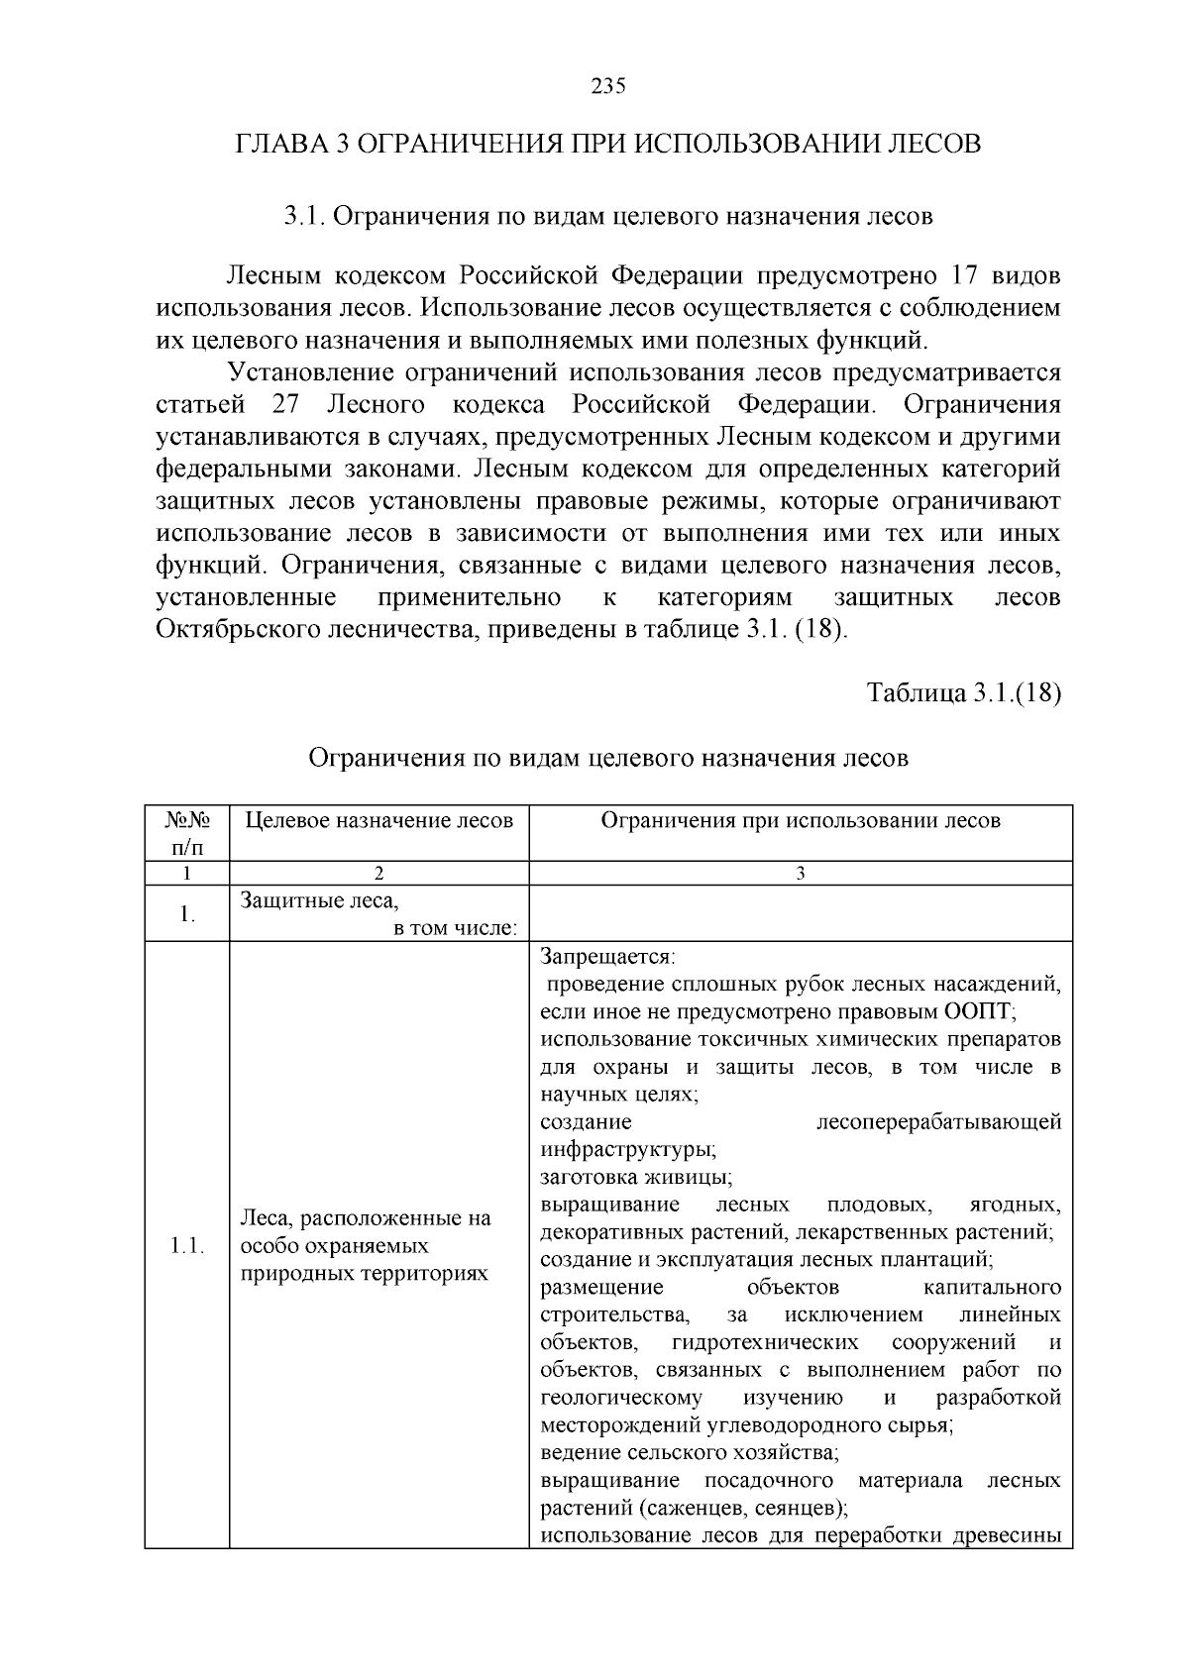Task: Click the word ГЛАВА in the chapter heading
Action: click(x=281, y=145)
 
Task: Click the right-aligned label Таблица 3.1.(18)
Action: click(x=963, y=693)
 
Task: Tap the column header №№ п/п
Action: click(x=186, y=833)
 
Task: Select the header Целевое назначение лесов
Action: click(x=378, y=821)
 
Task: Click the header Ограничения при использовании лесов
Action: click(x=801, y=821)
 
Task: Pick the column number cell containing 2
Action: click(x=378, y=874)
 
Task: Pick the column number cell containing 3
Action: click(x=801, y=874)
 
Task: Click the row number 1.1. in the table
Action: click(x=186, y=1246)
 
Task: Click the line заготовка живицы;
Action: click(x=636, y=1178)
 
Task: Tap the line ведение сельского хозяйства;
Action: click(x=690, y=1454)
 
